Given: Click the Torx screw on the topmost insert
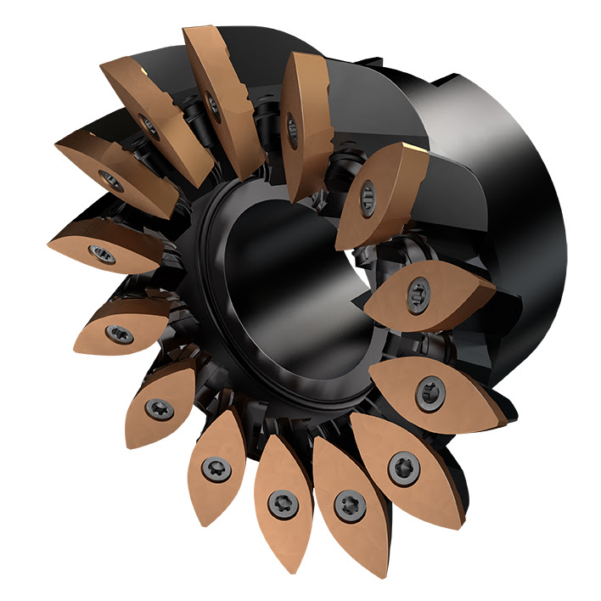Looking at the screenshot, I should (x=212, y=107).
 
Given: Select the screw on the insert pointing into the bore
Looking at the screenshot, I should (x=418, y=294).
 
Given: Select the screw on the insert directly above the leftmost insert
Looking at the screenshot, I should (x=110, y=180).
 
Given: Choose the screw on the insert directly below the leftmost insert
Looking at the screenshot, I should (x=119, y=333).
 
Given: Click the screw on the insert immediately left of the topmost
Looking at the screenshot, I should (x=150, y=128).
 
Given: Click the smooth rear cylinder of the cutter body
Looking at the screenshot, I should (x=501, y=212).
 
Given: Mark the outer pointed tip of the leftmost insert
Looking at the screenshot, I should (x=49, y=243).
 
